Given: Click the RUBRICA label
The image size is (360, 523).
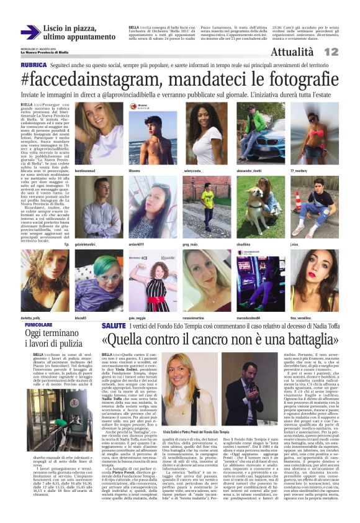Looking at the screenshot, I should point(33,65).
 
